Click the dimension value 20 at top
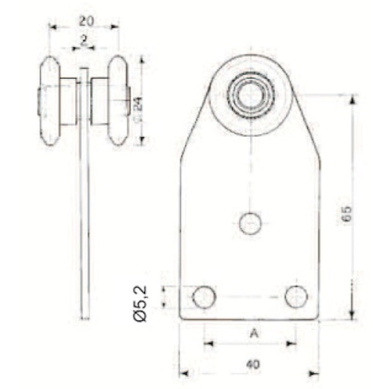click(84, 20)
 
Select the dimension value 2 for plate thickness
click(84, 40)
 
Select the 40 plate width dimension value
click(253, 364)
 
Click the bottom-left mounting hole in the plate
click(204, 298)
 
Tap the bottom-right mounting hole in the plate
click(296, 297)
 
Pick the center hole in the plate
click(250, 223)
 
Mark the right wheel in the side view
click(118, 100)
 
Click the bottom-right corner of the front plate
click(319, 319)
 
